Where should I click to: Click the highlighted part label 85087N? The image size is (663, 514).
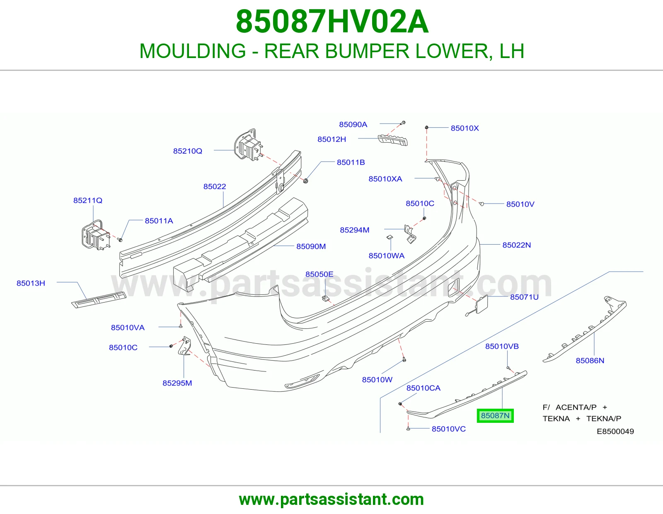pyautogui.click(x=495, y=415)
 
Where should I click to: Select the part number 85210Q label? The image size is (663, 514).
pyautogui.click(x=188, y=151)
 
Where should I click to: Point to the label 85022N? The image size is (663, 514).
pyautogui.click(x=517, y=245)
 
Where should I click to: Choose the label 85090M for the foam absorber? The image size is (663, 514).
pyautogui.click(x=311, y=246)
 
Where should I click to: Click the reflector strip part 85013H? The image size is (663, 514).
pyautogui.click(x=99, y=299)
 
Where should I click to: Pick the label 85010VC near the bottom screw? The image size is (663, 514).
pyautogui.click(x=448, y=429)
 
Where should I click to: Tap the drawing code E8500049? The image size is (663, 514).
pyautogui.click(x=615, y=431)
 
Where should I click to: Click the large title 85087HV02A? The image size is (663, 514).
pyautogui.click(x=332, y=22)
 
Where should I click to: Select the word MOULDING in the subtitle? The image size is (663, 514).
pyautogui.click(x=193, y=51)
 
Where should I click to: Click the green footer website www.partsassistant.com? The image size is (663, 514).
pyautogui.click(x=331, y=499)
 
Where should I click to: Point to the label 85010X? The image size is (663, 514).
pyautogui.click(x=465, y=128)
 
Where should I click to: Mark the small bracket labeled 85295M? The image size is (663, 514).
pyautogui.click(x=184, y=346)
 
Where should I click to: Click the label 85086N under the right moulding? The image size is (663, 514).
pyautogui.click(x=590, y=361)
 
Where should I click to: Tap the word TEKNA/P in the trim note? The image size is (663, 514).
pyautogui.click(x=603, y=419)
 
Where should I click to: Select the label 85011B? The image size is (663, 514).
pyautogui.click(x=351, y=162)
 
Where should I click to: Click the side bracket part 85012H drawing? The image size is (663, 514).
pyautogui.click(x=393, y=140)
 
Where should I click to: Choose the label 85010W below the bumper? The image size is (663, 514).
pyautogui.click(x=377, y=379)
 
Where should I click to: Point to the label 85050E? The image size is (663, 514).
pyautogui.click(x=319, y=274)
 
